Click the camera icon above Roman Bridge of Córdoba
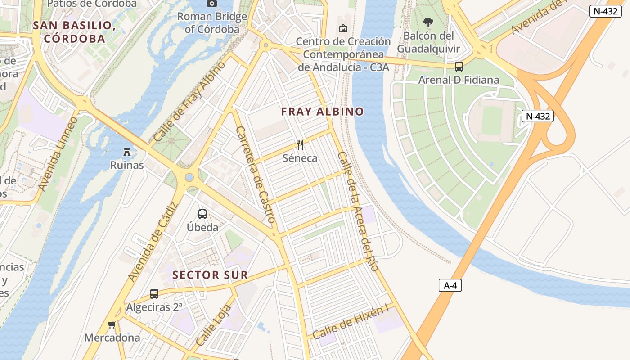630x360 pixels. pyautogui.click(x=211, y=4)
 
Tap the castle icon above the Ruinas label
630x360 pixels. pyautogui.click(x=127, y=152)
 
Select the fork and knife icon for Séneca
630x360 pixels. pyautogui.click(x=300, y=145)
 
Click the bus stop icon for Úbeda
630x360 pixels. pyautogui.click(x=202, y=214)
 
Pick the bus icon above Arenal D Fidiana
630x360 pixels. pyautogui.click(x=459, y=67)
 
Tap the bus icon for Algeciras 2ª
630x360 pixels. pyautogui.click(x=154, y=294)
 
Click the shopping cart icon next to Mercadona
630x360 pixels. pyautogui.click(x=112, y=324)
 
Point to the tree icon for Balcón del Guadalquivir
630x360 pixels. pyautogui.click(x=428, y=22)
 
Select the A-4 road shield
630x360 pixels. pyautogui.click(x=450, y=285)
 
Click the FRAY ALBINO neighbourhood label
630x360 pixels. pyautogui.click(x=322, y=112)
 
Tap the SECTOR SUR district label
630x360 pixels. pyautogui.click(x=210, y=275)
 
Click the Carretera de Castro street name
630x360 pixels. pyautogui.click(x=255, y=175)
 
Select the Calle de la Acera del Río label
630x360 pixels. pyautogui.click(x=357, y=211)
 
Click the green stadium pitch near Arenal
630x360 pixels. pyautogui.click(x=492, y=121)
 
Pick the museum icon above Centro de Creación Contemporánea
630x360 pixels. pyautogui.click(x=343, y=29)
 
